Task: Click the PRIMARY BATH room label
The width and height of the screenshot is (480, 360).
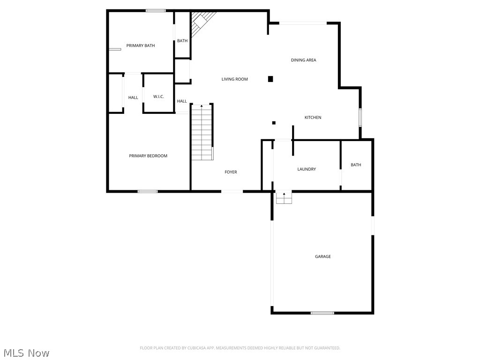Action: (x=141, y=45)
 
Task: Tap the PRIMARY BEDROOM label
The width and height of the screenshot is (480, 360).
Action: (x=148, y=156)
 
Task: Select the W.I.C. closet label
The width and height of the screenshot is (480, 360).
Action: (x=158, y=97)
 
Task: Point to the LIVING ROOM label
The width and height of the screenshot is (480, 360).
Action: (x=234, y=79)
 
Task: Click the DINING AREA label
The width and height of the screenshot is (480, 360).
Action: (x=303, y=60)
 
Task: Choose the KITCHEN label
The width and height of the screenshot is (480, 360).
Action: (x=313, y=117)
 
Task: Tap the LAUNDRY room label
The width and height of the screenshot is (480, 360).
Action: (x=307, y=169)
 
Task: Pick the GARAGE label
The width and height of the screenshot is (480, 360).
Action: (x=322, y=256)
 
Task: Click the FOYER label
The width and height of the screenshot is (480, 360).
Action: (x=231, y=172)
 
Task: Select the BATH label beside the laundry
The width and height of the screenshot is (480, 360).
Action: (x=356, y=165)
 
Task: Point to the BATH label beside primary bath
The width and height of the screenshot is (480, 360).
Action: (x=182, y=41)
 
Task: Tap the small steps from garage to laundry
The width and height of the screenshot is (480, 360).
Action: (x=284, y=198)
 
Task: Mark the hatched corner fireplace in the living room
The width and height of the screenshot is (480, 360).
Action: (x=202, y=20)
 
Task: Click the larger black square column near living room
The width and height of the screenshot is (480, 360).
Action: (x=270, y=79)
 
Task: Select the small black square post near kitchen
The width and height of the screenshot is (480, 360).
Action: (x=274, y=123)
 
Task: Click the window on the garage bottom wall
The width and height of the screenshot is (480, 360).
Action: (x=322, y=313)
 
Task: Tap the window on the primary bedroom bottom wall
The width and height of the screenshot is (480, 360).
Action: (x=147, y=191)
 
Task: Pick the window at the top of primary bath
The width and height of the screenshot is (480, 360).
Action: (x=155, y=10)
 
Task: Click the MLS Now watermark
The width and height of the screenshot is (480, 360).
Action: (x=26, y=352)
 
